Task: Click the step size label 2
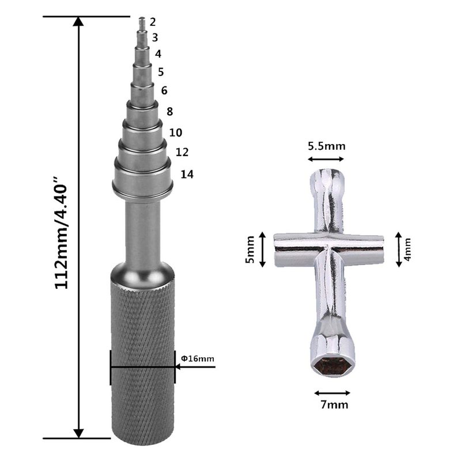(153, 22)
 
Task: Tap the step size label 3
(155, 37)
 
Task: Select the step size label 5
(161, 72)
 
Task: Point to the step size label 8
(169, 112)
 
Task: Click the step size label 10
(176, 133)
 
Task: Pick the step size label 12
(182, 152)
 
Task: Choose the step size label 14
(187, 175)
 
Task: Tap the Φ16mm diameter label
(198, 358)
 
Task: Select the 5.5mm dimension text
(327, 146)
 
